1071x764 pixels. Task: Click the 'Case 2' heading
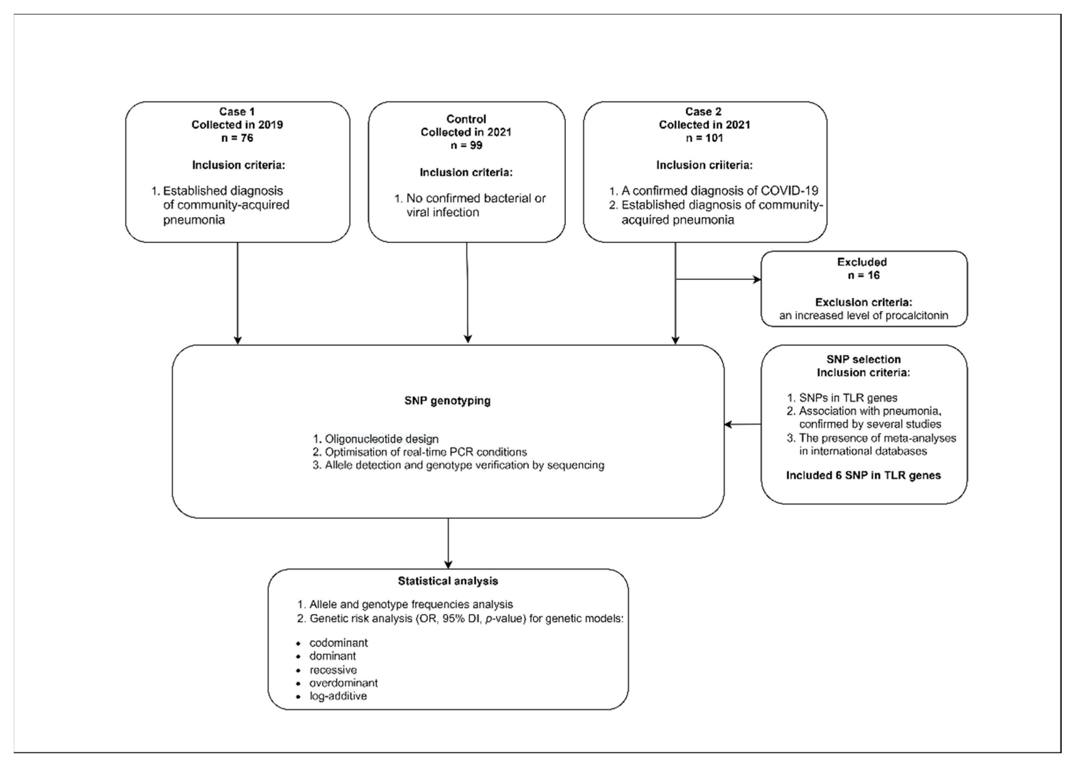click(704, 112)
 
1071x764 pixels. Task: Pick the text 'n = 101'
click(704, 138)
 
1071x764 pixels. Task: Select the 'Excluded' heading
click(862, 262)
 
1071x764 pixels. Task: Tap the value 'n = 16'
click(863, 275)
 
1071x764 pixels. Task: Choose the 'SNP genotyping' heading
click(447, 401)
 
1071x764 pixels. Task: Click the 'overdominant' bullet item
click(343, 682)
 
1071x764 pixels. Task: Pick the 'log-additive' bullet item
click(338, 696)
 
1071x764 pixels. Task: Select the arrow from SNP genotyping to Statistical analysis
click(448, 543)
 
